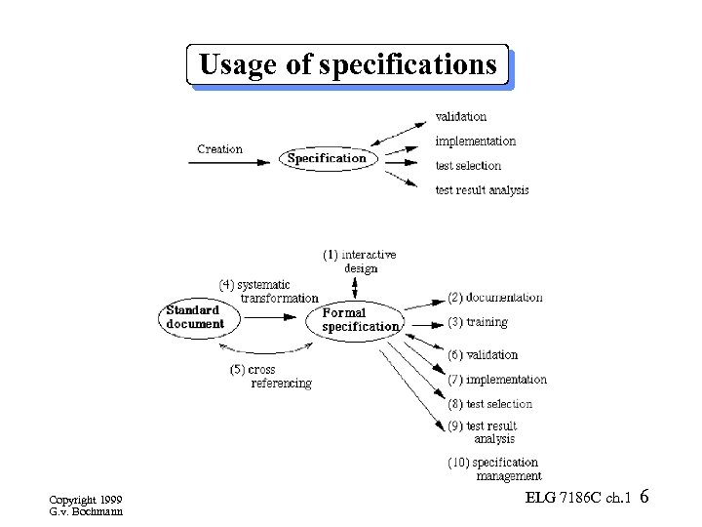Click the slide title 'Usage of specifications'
[348, 65]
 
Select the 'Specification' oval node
[327, 158]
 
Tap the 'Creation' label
[219, 149]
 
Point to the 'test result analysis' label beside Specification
[482, 189]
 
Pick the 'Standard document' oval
[196, 317]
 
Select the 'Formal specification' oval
[360, 320]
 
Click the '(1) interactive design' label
[360, 262]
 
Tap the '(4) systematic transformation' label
[268, 291]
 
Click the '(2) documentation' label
[494, 297]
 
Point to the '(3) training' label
[478, 322]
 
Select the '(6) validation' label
[483, 355]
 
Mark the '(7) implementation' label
[497, 380]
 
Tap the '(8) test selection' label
[489, 404]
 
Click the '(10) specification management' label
[493, 469]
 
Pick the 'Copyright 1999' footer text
[86, 500]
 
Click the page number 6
[645, 499]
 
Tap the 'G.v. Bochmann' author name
[86, 511]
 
